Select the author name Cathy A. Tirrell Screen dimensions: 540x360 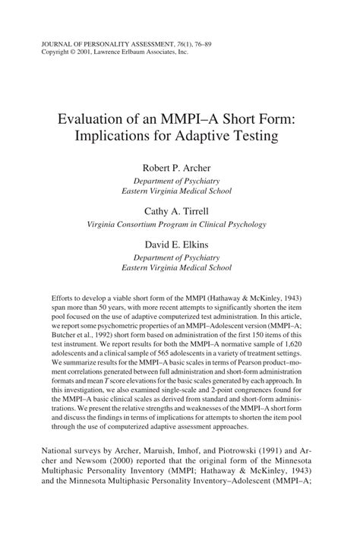coord(180,212)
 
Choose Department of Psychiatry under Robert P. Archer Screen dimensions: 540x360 coord(180,182)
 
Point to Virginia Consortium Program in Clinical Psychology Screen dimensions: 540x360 coord(180,225)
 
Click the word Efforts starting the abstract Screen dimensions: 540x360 coord(63,298)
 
